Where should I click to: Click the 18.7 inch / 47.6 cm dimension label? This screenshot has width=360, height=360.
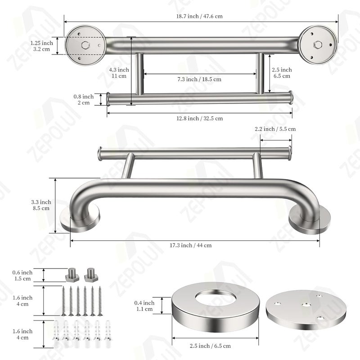tap(199, 16)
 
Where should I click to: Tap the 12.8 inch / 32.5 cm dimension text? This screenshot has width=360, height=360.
tap(199, 118)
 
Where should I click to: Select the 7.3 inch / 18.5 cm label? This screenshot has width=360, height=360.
tap(199, 80)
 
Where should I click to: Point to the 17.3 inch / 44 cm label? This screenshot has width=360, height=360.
tap(190, 245)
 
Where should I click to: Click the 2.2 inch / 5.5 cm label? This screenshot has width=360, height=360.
tap(275, 129)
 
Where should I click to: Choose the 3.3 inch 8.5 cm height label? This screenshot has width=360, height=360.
tap(41, 205)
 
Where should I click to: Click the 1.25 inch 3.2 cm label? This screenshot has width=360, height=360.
tap(41, 46)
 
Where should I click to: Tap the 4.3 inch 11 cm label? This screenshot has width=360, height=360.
tap(119, 73)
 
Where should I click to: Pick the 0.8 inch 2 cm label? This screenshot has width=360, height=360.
tap(84, 99)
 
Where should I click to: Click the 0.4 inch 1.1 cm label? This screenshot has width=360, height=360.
tap(144, 306)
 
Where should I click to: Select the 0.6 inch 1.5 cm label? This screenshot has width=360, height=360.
tap(22, 275)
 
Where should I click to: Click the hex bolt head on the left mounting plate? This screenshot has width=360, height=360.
tap(85, 45)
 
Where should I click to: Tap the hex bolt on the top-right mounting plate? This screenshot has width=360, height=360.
tap(318, 44)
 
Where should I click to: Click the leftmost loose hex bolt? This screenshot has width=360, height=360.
tap(72, 275)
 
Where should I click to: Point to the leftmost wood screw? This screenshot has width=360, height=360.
tap(63, 301)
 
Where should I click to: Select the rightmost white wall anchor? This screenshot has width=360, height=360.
tap(108, 333)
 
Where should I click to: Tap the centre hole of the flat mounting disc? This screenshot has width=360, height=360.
tap(306, 305)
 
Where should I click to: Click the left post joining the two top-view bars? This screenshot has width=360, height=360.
tap(139, 74)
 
